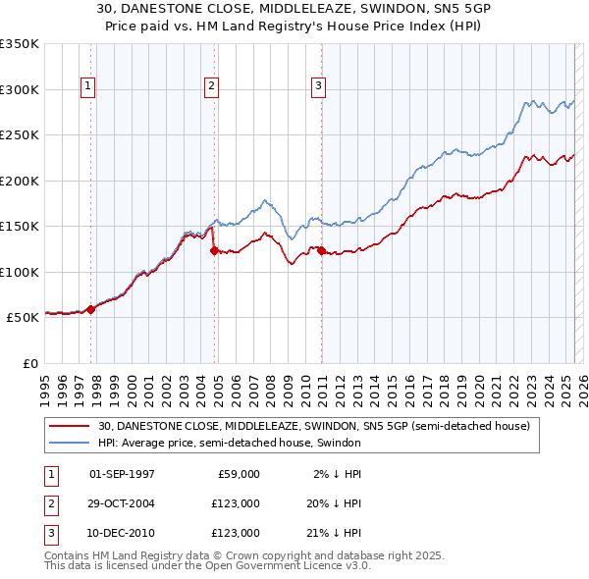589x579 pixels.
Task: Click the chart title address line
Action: click(x=294, y=8)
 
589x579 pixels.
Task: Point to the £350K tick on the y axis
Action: click(x=20, y=44)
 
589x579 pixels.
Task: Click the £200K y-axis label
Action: click(x=20, y=181)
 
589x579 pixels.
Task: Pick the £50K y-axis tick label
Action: click(x=23, y=318)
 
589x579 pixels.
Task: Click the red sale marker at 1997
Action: click(x=91, y=309)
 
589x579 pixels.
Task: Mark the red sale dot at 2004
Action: click(x=214, y=250)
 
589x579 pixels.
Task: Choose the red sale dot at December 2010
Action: click(x=321, y=250)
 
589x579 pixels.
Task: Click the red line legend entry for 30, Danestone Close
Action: click(x=313, y=427)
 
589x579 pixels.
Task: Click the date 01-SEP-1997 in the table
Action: click(x=122, y=474)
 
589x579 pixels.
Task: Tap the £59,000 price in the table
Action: click(x=235, y=474)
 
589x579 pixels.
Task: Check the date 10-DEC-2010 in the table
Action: click(x=122, y=533)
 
